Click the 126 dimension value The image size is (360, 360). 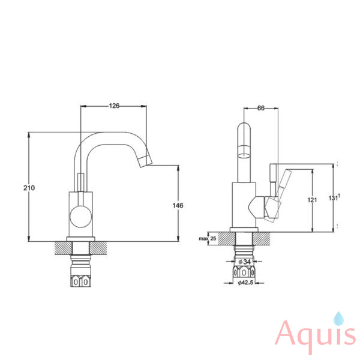[x=114, y=106]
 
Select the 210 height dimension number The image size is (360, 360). [x=29, y=188]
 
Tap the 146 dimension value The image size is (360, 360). [x=178, y=205]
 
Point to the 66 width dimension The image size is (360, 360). [x=261, y=108]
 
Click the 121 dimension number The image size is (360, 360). [x=312, y=200]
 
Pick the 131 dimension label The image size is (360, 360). [x=334, y=198]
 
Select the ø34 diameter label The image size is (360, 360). [x=244, y=262]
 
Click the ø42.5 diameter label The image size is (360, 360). [x=245, y=283]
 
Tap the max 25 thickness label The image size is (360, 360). [x=208, y=239]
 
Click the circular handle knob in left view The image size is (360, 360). [x=80, y=217]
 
